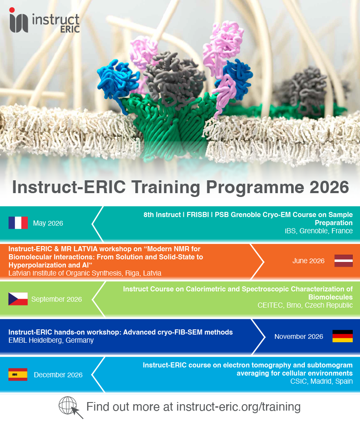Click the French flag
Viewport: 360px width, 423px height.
point(18,223)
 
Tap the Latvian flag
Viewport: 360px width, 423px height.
point(343,261)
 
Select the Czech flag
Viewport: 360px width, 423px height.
point(18,299)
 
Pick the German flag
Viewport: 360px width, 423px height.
point(342,336)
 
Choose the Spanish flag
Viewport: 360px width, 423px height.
point(18,374)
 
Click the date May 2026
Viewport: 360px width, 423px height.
point(48,223)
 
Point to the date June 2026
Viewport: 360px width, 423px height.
point(308,261)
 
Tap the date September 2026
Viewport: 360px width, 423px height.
point(56,300)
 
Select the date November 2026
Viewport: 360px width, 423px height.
point(299,337)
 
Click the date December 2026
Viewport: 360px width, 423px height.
point(58,375)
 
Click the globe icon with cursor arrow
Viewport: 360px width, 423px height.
point(70,407)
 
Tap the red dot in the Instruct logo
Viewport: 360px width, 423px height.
point(12,10)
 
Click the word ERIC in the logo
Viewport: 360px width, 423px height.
point(70,29)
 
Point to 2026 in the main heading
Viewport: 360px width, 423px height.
point(329,187)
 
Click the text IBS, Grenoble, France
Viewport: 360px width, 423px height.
point(319,231)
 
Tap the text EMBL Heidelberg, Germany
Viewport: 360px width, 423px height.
point(51,340)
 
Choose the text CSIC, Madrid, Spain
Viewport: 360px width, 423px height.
point(322,381)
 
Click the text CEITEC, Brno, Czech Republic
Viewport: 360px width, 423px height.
point(305,305)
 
